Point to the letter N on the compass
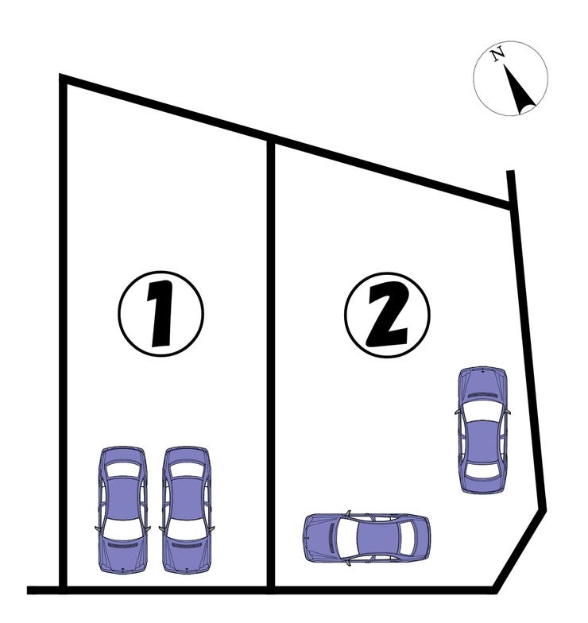tap(497, 54)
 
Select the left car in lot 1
tap(123, 509)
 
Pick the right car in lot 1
tap(186, 509)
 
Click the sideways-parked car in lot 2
tap(367, 538)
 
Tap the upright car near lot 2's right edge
tap(482, 430)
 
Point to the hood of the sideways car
tap(319, 538)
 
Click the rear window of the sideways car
tap(407, 538)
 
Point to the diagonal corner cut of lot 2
tap(520, 549)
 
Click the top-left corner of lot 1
tap(62, 78)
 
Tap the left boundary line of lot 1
tap(62, 333)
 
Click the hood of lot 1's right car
tap(186, 555)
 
